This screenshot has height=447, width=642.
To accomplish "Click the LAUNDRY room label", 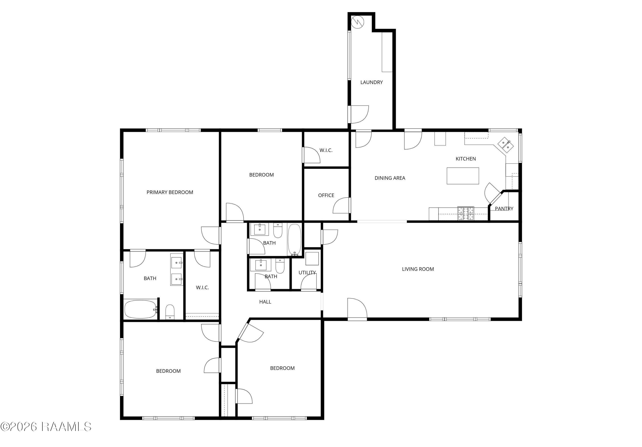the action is point(371,82).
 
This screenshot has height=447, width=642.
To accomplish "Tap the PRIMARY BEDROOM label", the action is point(170,192).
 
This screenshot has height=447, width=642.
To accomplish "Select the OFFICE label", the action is point(326,195).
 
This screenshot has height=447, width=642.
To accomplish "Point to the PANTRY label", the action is point(504,208).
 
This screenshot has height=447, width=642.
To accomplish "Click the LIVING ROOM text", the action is point(418,269).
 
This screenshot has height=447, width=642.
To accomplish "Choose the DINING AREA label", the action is point(390,178).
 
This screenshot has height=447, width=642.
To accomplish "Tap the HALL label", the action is point(265,302).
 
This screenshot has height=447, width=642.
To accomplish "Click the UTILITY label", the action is point(307,272).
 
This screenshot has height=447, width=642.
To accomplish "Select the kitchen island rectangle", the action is point(463,176).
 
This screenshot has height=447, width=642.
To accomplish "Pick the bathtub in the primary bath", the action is point(141,309).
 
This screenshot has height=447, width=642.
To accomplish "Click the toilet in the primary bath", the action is point(170,312).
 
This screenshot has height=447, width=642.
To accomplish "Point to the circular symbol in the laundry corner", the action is point(357,22).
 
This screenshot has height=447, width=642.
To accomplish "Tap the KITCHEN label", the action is point(466,159).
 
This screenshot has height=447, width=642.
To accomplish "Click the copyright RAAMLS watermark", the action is point(46,427).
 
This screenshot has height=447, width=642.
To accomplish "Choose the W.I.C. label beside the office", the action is point(326,150).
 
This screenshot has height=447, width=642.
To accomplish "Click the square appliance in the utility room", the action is point(312,258).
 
